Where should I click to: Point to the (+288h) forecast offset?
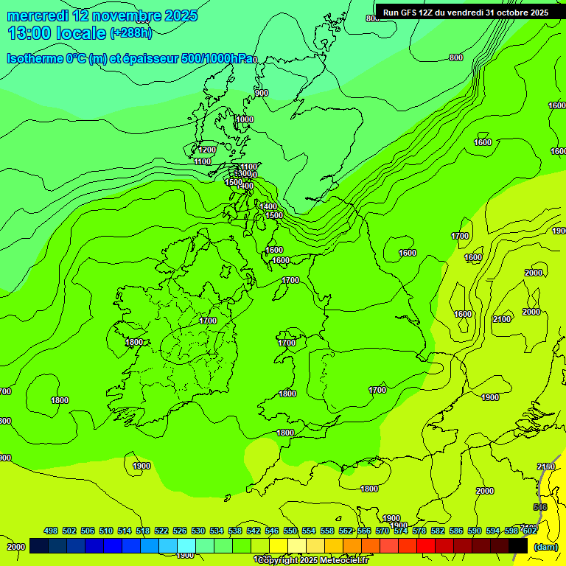pos(131,33)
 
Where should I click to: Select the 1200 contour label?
pos(207,150)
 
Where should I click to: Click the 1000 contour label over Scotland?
pos(245,119)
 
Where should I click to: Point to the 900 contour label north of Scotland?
pos(262,93)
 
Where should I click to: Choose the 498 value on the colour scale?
pos(51,531)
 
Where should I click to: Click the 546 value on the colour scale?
pos(272,531)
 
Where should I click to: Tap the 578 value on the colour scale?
pos(419,531)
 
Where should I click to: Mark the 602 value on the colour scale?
pos(529,531)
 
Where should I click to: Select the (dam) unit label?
pos(546,546)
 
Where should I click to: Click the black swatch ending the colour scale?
pos(518,545)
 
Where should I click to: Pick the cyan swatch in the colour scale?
pos(186,545)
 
